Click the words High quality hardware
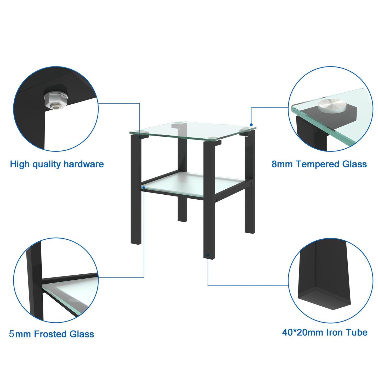[x=57, y=164]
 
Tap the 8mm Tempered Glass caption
[x=319, y=164]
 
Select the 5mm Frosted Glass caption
[x=52, y=334]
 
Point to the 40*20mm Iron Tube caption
[x=325, y=332]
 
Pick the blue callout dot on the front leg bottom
[x=208, y=255]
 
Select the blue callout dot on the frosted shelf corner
[x=144, y=188]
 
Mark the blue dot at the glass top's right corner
[x=251, y=125]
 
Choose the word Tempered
[x=318, y=164]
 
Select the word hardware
[x=84, y=164]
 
